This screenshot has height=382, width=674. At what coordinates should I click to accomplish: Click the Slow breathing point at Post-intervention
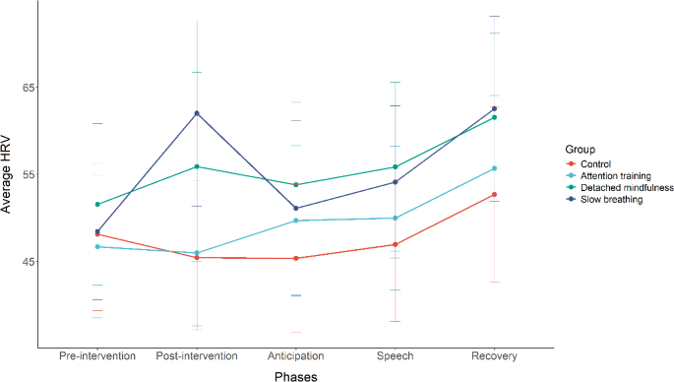pos(197,113)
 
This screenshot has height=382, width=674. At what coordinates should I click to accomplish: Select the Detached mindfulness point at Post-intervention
pos(197,166)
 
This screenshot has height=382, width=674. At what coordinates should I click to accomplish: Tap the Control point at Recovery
pos(494,195)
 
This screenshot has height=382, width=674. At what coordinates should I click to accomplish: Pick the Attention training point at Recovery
pos(494,168)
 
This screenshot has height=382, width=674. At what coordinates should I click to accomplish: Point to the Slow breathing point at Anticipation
pos(296,209)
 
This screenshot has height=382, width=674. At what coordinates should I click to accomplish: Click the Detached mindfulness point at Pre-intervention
pos(97,205)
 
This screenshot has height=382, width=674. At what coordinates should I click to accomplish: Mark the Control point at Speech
pos(395,244)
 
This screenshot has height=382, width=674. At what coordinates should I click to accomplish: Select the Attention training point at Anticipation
pos(296,221)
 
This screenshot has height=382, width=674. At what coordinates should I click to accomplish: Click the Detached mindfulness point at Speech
pos(395,167)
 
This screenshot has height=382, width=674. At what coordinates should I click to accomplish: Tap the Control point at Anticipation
pos(296,259)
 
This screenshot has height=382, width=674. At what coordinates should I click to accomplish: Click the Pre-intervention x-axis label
pos(97,355)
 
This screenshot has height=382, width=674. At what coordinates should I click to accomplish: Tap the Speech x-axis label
pos(395,355)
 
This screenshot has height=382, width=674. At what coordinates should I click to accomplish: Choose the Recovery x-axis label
pos(494,355)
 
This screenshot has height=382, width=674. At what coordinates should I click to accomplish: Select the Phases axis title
pos(295,374)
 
